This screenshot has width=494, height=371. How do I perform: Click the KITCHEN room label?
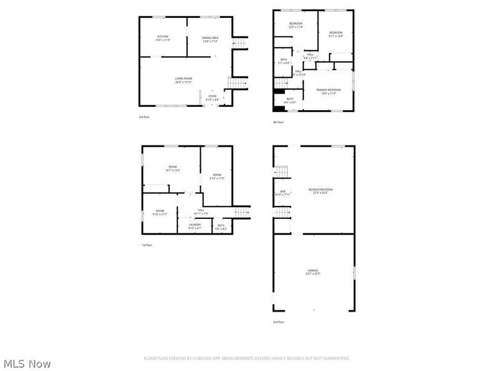[x=163, y=38]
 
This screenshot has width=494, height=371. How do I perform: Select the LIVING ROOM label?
[x=184, y=80]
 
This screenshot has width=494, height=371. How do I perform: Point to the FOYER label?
[x=212, y=98]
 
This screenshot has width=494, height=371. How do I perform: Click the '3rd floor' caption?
[x=144, y=117]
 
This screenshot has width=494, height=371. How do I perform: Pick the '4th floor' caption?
[x=279, y=122]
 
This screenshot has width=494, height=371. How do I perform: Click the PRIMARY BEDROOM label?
[x=329, y=92]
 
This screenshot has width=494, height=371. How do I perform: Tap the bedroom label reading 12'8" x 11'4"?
[x=296, y=25]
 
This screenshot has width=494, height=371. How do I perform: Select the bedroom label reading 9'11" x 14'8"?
[x=335, y=34]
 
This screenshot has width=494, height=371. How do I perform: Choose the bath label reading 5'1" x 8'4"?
[x=283, y=61]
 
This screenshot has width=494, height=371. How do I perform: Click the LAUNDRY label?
[x=195, y=226]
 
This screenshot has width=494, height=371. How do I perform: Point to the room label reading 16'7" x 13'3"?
[x=174, y=168]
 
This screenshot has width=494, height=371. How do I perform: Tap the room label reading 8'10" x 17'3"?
[x=217, y=177]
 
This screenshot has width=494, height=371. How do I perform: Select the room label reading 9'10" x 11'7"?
[x=160, y=213]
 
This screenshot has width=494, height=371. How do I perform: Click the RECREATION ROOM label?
[x=320, y=191]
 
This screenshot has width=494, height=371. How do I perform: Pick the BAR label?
[x=283, y=193]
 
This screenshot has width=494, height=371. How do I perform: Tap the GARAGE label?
[x=313, y=272]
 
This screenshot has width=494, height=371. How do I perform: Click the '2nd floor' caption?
[x=279, y=322]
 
